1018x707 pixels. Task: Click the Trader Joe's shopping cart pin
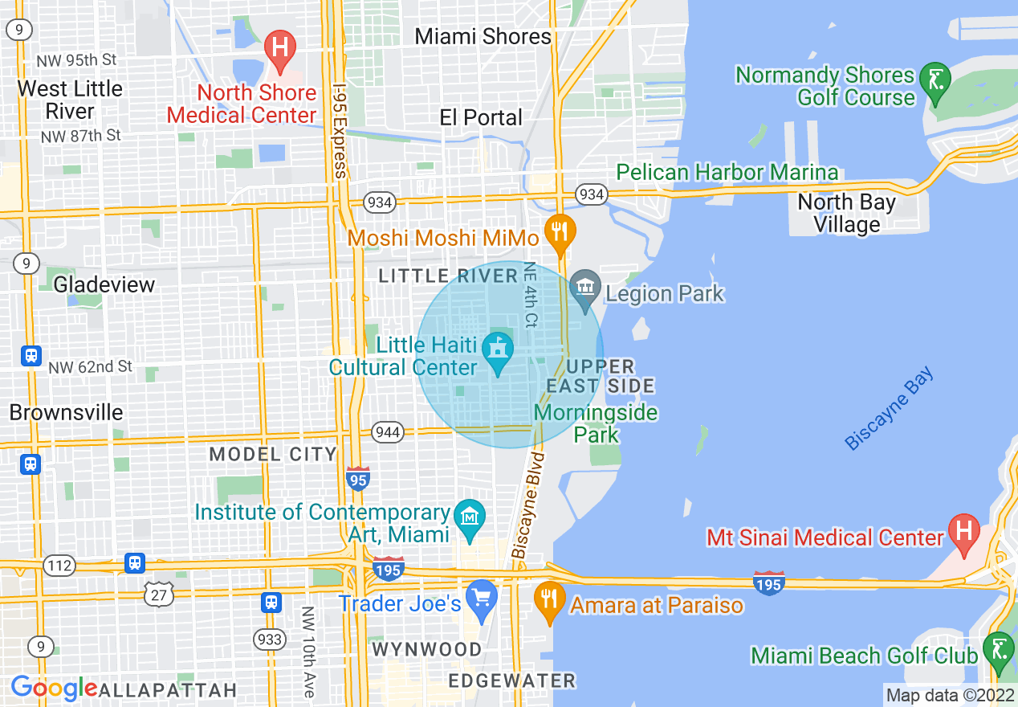[482, 599]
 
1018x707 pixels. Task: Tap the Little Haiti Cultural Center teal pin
[498, 352]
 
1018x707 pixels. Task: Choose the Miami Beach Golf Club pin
[998, 650]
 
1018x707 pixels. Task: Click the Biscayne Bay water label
[890, 409]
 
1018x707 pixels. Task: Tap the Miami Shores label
[483, 36]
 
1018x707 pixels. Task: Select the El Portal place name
[481, 117]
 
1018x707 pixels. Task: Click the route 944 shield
[387, 432]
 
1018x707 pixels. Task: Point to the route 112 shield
[59, 566]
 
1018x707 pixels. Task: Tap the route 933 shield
[270, 639]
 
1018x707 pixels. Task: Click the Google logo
[53, 689]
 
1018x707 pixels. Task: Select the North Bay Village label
[846, 213]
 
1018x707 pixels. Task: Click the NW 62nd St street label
[90, 367]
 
